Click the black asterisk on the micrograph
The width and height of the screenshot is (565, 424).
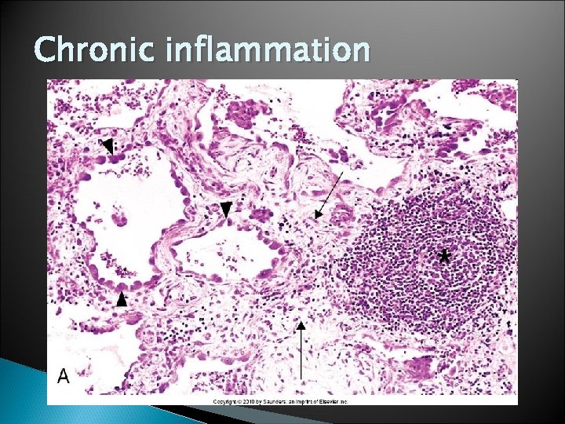click(x=444, y=257)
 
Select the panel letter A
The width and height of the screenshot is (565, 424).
click(x=63, y=376)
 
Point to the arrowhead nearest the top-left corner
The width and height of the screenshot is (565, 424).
click(x=108, y=144)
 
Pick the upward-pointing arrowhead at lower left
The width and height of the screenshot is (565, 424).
click(x=122, y=299)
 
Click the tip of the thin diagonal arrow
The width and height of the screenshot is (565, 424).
click(x=315, y=217)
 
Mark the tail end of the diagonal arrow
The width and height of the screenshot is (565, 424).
click(x=343, y=170)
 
